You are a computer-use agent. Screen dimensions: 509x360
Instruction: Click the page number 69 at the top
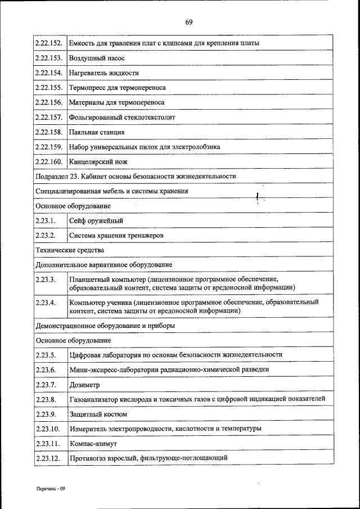pyautogui.click(x=189, y=22)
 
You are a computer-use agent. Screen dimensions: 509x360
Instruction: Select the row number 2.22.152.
pyautogui.click(x=48, y=43)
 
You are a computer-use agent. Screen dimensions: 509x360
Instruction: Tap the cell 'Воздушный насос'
pyautogui.click(x=97, y=58)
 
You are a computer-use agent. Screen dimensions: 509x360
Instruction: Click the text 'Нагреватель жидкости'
pyautogui.click(x=104, y=73)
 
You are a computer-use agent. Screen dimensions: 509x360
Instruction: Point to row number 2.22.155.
pyautogui.click(x=48, y=88)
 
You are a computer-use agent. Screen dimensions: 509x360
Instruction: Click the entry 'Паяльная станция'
pyautogui.click(x=97, y=132)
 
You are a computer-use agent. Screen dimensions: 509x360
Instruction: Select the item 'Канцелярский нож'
pyautogui.click(x=98, y=161)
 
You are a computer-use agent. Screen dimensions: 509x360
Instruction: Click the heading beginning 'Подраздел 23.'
pyautogui.click(x=135, y=176)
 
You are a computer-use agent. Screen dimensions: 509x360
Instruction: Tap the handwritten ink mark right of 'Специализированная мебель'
pyautogui.click(x=258, y=197)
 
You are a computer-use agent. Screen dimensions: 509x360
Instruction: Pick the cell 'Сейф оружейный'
pyautogui.click(x=96, y=220)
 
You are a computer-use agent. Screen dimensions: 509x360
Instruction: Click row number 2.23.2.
pyautogui.click(x=45, y=235)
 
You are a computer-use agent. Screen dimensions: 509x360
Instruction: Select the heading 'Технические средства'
pyautogui.click(x=70, y=250)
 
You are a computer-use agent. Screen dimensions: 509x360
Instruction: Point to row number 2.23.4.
pyautogui.click(x=45, y=303)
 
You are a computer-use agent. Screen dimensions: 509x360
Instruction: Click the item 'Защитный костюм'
pyautogui.click(x=98, y=414)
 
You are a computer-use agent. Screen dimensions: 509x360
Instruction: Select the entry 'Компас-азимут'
pyautogui.click(x=93, y=444)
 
